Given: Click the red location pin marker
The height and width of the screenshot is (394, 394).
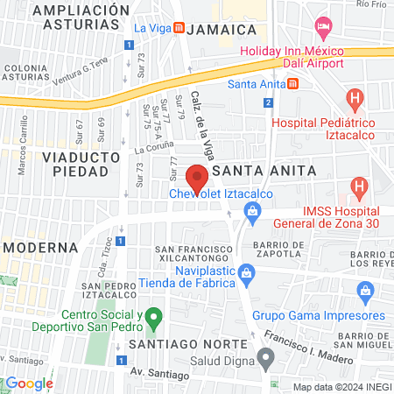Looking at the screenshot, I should [x=197, y=176].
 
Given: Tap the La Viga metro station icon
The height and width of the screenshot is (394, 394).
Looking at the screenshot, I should [x=179, y=28].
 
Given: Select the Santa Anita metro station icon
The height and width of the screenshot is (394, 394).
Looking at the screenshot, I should [x=293, y=84].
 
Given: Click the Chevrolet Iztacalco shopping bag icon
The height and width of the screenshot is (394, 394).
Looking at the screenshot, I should [x=253, y=210].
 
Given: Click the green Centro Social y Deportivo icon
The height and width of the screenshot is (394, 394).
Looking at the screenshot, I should [x=154, y=315].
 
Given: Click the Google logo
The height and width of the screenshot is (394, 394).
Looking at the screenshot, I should [x=29, y=383].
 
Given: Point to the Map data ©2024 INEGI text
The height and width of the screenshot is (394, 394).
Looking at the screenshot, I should [x=341, y=387].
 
